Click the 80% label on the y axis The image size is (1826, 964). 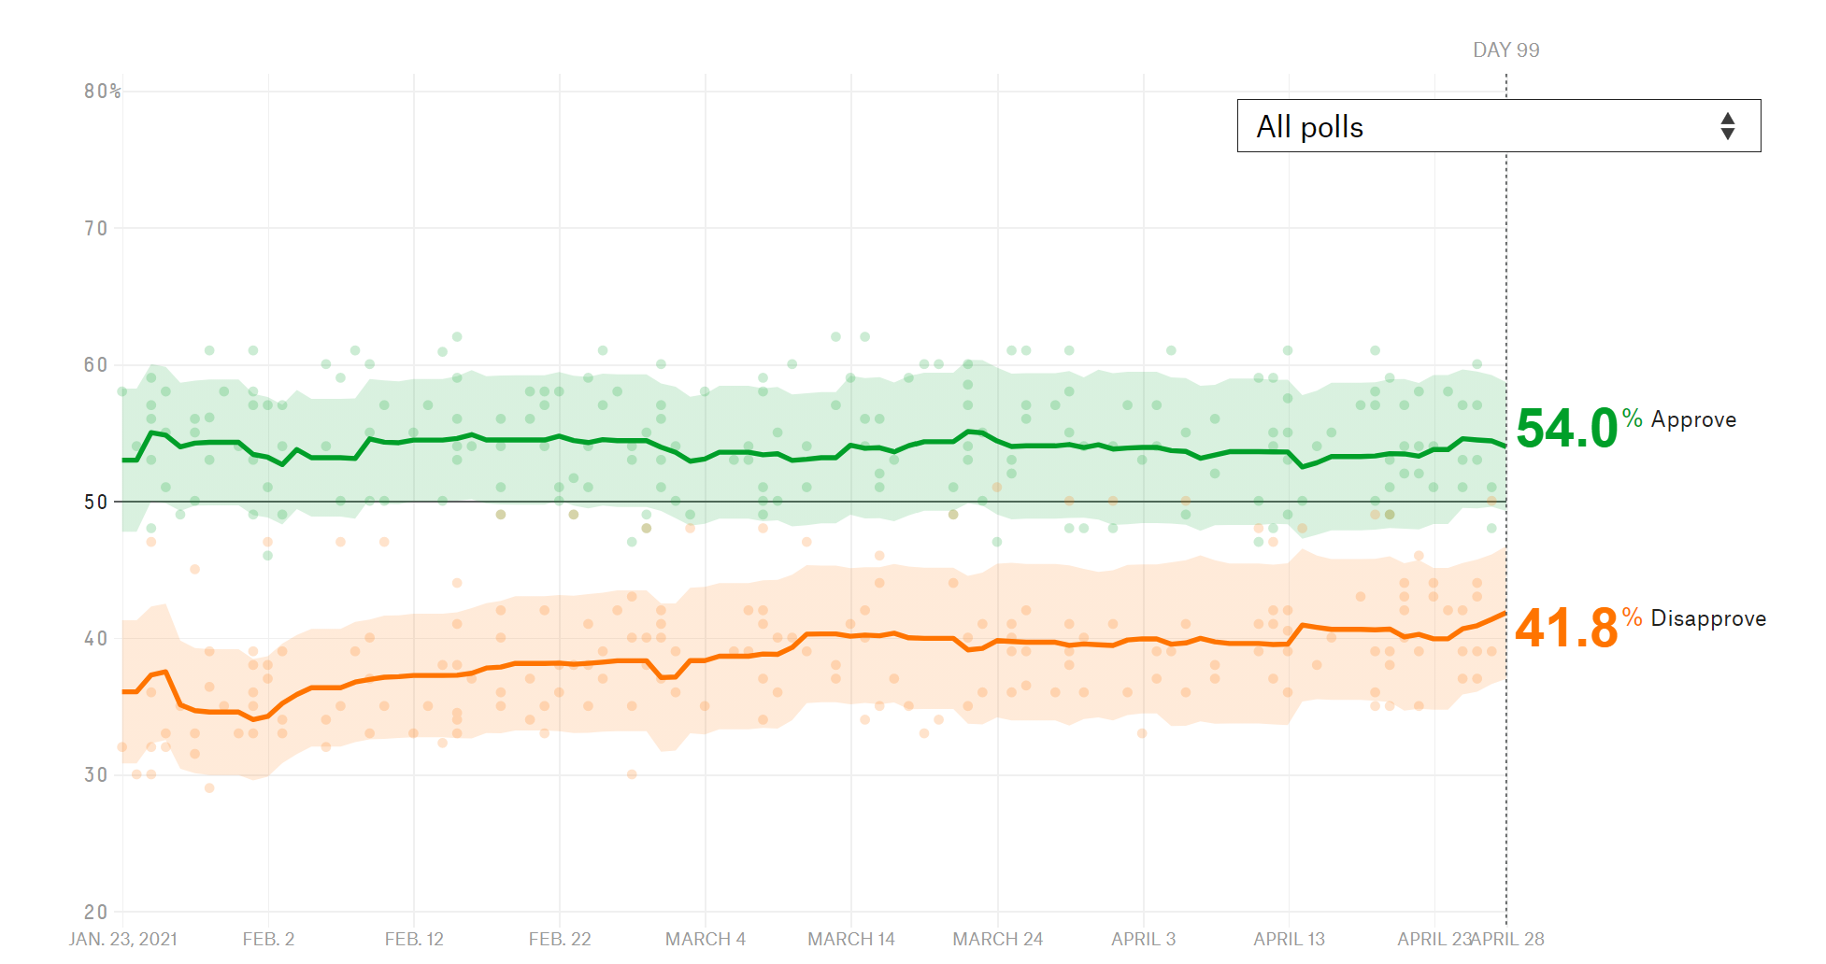tap(102, 92)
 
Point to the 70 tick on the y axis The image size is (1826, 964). tap(96, 229)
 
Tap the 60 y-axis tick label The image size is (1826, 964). tap(96, 365)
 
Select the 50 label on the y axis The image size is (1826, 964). tap(96, 503)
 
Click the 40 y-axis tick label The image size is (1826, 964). tap(96, 639)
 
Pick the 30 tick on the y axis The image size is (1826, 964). tap(96, 775)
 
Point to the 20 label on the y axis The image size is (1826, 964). tap(96, 912)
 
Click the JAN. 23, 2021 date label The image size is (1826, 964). tap(122, 939)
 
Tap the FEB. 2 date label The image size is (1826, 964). tap(268, 939)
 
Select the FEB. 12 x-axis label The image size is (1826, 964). tap(414, 939)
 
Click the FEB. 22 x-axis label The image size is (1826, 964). tap(560, 939)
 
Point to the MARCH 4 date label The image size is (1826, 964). tap(706, 939)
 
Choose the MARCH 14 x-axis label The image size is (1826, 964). tap(851, 939)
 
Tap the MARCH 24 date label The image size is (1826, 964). tap(997, 939)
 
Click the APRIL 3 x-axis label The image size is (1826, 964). tap(1143, 939)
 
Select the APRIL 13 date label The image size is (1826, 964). tap(1289, 939)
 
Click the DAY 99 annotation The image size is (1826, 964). tap(1505, 50)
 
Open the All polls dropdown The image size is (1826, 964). tap(1498, 126)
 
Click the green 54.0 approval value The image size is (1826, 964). tap(1566, 429)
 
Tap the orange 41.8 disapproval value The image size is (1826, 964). tap(1566, 628)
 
